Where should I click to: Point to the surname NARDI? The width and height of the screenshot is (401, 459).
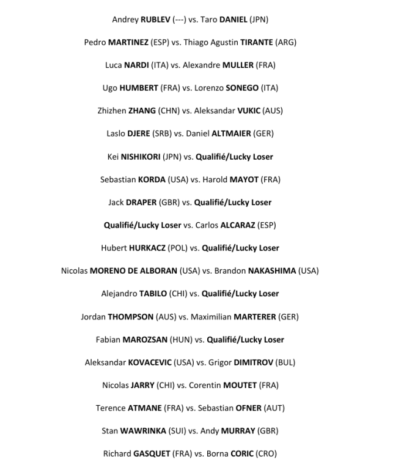139,65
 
